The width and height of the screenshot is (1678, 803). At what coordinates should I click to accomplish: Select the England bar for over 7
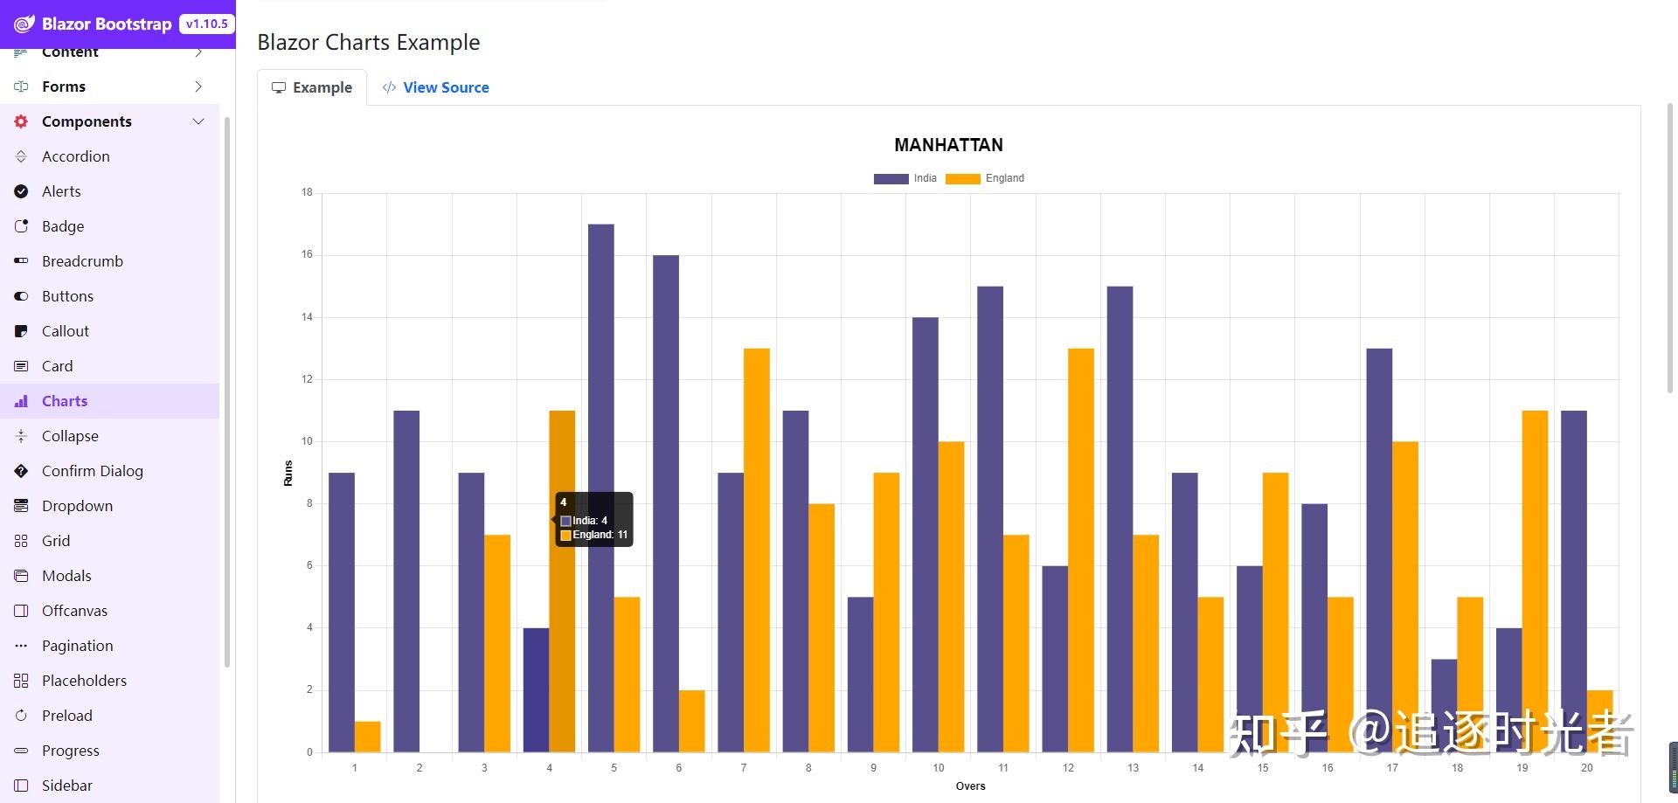(x=757, y=550)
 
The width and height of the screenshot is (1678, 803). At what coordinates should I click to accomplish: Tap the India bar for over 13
(x=1120, y=519)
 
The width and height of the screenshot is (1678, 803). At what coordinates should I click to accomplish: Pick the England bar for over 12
(x=1081, y=550)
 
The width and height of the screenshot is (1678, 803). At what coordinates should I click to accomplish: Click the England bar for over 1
(x=368, y=737)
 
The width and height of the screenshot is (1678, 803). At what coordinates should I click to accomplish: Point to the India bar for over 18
(x=1444, y=705)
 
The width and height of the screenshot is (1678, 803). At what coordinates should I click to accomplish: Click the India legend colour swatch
(x=891, y=178)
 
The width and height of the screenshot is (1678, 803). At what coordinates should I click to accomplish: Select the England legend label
(x=1004, y=178)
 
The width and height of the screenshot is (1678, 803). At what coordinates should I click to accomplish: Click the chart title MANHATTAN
(x=948, y=145)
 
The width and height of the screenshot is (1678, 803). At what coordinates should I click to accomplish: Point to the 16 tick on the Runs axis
(x=307, y=255)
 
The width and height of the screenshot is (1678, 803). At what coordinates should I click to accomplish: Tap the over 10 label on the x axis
(x=938, y=768)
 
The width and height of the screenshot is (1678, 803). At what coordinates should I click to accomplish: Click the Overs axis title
(x=970, y=786)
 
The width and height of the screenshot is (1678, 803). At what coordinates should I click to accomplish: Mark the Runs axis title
(x=288, y=473)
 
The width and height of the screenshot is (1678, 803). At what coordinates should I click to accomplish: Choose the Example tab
(x=312, y=87)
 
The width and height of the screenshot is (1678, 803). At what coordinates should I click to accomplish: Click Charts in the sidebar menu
(x=65, y=401)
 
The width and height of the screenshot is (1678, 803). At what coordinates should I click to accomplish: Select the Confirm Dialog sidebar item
(x=92, y=471)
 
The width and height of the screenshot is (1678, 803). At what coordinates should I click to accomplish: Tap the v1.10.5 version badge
(x=206, y=24)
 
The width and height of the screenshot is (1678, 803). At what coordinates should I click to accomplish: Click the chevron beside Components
(x=198, y=121)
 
